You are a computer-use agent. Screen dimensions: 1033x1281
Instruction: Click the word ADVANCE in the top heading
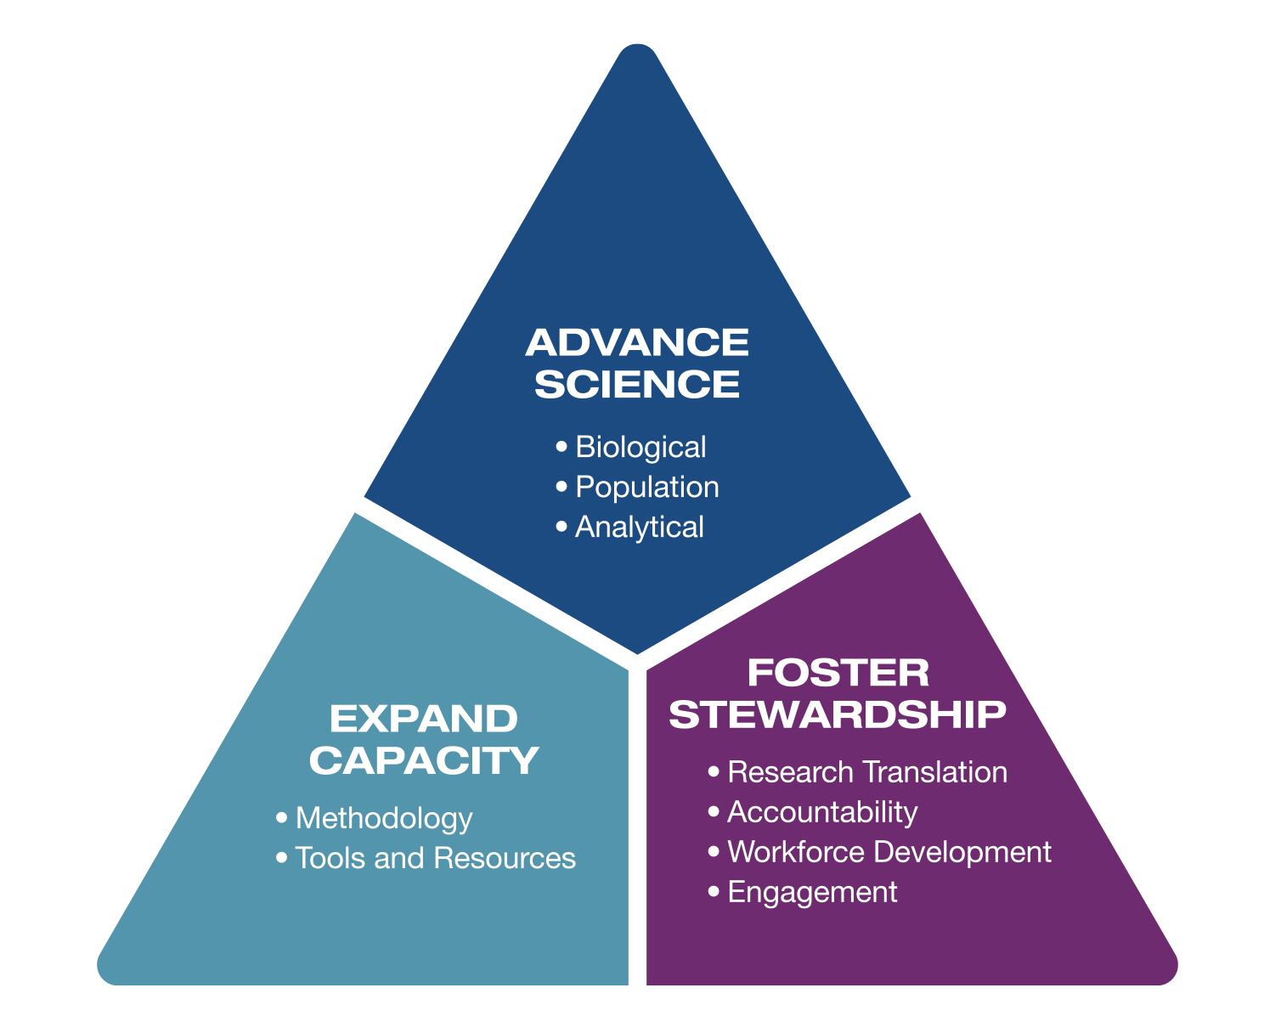pos(637,342)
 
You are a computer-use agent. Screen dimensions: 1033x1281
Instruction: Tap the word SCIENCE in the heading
pos(637,384)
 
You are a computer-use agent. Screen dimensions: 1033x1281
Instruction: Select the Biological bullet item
pos(640,448)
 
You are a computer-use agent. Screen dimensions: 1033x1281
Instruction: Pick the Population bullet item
pos(647,488)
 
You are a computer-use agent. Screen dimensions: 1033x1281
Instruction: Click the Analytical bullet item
pos(640,528)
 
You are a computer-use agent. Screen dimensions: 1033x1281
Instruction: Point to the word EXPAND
pos(423,720)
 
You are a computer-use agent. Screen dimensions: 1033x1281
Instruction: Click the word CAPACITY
pos(424,760)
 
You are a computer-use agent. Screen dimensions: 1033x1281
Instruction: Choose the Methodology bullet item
pos(384,818)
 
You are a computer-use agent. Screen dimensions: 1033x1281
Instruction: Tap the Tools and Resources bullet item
pos(435,858)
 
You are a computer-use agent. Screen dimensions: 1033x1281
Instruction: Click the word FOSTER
pos(838,674)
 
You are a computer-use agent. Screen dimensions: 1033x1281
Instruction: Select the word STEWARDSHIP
pos(838,714)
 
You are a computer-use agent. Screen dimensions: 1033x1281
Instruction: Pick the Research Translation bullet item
pos(867,772)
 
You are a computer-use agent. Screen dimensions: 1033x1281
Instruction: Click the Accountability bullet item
pos(822,812)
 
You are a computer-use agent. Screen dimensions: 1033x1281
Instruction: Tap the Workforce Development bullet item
pos(889,852)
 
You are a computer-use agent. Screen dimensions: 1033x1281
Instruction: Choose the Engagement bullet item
pos(812,892)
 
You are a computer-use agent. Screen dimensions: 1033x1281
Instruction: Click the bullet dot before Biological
pos(561,447)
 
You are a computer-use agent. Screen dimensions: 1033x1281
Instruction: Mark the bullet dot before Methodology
pos(282,818)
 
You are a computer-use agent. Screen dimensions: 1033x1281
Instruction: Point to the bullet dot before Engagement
pos(714,892)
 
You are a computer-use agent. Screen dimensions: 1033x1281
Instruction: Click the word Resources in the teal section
pos(505,858)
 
